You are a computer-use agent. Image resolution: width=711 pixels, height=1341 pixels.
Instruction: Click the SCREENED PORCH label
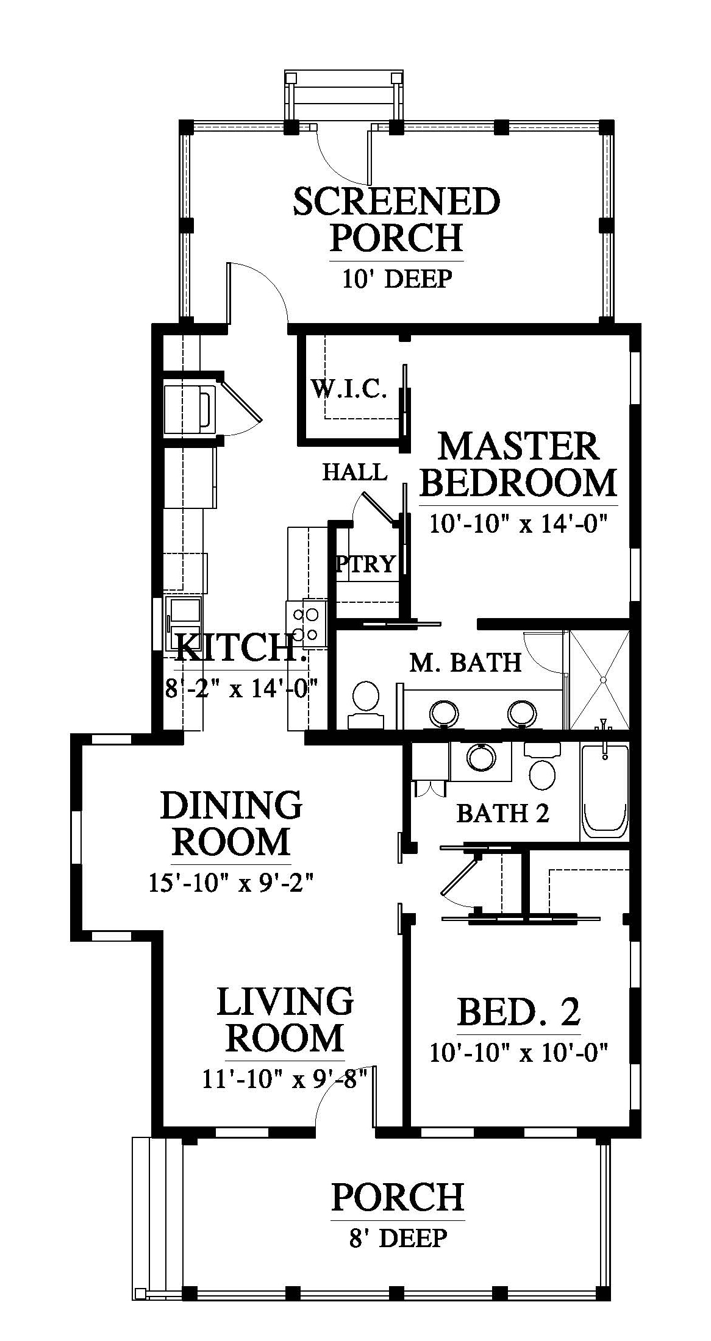pyautogui.click(x=396, y=220)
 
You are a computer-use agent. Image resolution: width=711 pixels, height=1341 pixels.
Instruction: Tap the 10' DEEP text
pyautogui.click(x=397, y=279)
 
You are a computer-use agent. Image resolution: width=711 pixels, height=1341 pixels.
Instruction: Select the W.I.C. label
pyautogui.click(x=349, y=388)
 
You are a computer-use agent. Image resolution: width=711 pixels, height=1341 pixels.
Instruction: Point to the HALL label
pyautogui.click(x=354, y=472)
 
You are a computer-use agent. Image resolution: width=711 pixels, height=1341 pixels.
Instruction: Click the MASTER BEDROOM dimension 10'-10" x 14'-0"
pyautogui.click(x=520, y=523)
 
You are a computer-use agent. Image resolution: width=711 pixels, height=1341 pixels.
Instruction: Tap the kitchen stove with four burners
pyautogui.click(x=307, y=623)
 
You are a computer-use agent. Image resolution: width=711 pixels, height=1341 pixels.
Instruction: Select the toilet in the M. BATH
pyautogui.click(x=365, y=704)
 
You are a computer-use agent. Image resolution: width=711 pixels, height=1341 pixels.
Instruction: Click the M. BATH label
pyautogui.click(x=465, y=662)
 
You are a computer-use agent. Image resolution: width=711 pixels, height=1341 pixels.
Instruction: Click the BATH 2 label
pyautogui.click(x=503, y=813)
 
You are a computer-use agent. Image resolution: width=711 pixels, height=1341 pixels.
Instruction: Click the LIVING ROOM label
pyautogui.click(x=285, y=1020)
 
